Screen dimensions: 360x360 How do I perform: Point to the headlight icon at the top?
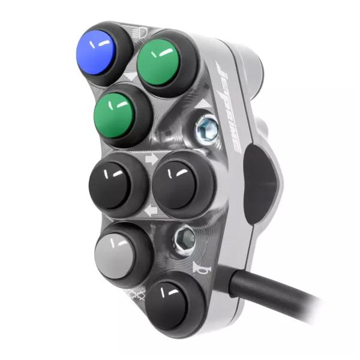[136, 28]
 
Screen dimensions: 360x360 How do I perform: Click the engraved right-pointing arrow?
[151, 161]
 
